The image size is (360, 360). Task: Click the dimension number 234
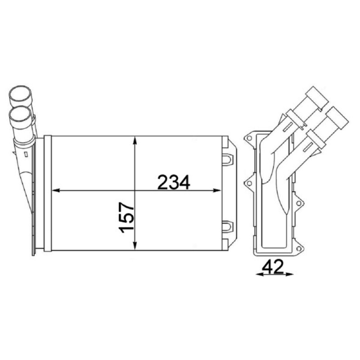pyautogui.click(x=174, y=182)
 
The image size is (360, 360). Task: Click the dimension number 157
pyautogui.click(x=126, y=217)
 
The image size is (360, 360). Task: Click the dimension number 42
pyautogui.click(x=273, y=267)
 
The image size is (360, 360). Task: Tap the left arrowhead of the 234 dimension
pyautogui.click(x=56, y=190)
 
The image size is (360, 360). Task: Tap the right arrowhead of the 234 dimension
pyautogui.click(x=217, y=190)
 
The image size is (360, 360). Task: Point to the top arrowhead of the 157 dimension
pyautogui.click(x=135, y=140)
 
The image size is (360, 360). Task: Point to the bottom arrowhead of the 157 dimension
pyautogui.click(x=135, y=246)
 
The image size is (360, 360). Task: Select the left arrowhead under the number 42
pyautogui.click(x=260, y=274)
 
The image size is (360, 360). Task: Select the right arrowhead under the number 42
pyautogui.click(x=289, y=274)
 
